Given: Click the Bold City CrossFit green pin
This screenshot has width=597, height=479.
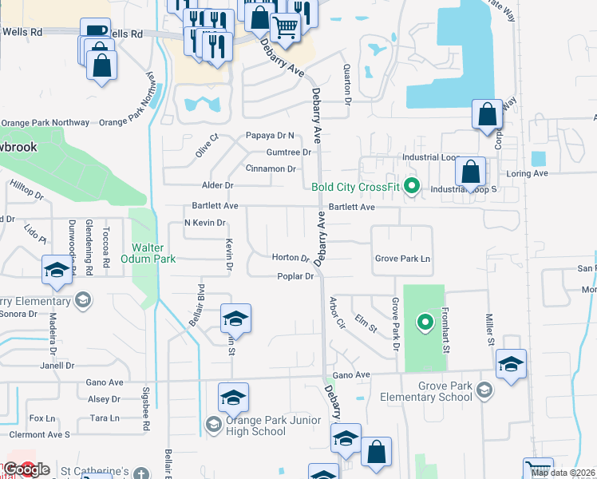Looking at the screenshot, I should [x=412, y=187].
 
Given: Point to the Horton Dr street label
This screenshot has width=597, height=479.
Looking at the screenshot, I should [x=291, y=258].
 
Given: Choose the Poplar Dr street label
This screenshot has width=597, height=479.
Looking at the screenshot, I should [x=295, y=276].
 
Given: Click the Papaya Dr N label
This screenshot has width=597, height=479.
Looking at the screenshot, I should [x=271, y=136].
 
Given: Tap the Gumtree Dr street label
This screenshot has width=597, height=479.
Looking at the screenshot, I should [x=289, y=152].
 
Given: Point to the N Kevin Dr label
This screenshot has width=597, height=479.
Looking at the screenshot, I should [x=204, y=223].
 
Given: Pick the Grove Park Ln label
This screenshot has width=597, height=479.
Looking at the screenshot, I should [x=402, y=259].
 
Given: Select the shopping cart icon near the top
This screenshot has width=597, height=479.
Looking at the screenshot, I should [x=285, y=27].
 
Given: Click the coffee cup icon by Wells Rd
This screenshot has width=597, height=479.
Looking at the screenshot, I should [x=97, y=30].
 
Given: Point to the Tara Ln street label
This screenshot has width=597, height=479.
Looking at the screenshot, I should [x=105, y=418].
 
